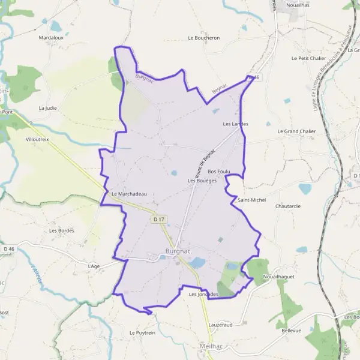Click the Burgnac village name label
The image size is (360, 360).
(x=178, y=253)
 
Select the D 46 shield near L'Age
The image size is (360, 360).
(x=8, y=248)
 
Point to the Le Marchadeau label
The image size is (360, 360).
(x=129, y=194)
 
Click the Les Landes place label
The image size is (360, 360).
(x=235, y=124)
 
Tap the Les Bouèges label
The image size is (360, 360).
(x=202, y=180)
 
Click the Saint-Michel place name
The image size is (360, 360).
(x=251, y=199)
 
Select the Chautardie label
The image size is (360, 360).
(x=287, y=206)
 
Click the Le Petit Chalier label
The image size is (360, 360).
(x=308, y=58)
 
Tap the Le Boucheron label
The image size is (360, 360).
(x=204, y=38)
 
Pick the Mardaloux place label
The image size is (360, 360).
(x=51, y=37)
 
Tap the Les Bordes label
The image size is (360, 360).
(x=61, y=230)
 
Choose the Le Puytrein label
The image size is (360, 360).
(x=142, y=332)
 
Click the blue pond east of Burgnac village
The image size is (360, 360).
(x=197, y=262)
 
